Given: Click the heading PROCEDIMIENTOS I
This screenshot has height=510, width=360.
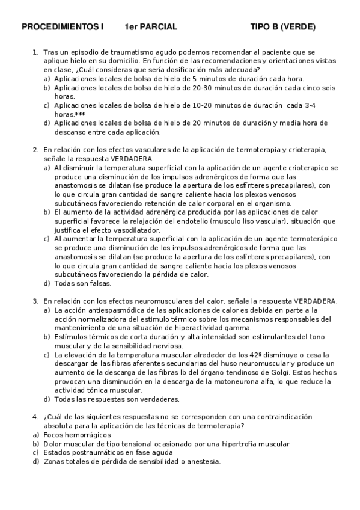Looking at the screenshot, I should (63, 27).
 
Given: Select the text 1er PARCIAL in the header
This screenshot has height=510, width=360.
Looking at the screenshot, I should (151, 27).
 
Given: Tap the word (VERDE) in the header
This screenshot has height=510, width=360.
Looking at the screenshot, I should (297, 27).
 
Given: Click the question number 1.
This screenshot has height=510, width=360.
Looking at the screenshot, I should (35, 53).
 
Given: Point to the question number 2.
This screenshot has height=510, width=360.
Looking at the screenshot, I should (35, 150).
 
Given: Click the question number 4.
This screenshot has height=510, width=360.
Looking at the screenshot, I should (35, 417).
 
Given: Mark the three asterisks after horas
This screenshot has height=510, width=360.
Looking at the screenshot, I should (80, 114).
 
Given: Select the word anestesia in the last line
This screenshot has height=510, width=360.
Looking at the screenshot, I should (202, 462).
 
